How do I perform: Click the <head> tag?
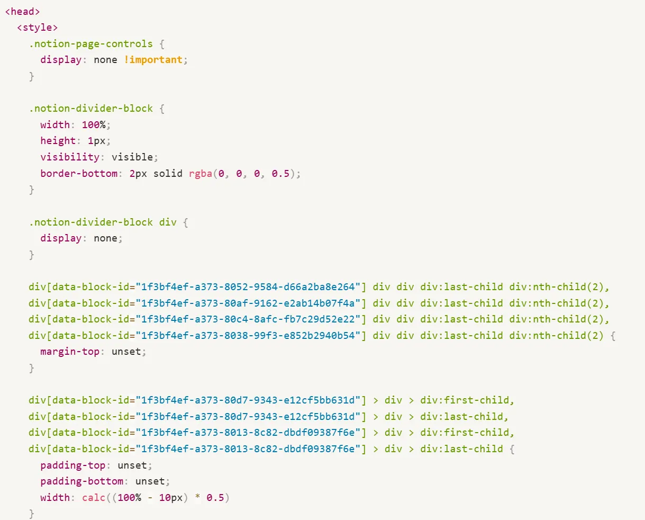pos(23,11)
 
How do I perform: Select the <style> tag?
pos(38,28)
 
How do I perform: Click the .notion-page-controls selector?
pos(91,44)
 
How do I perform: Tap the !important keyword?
pos(153,60)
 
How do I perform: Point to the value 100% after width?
pos(94,125)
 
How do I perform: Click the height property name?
pos(58,141)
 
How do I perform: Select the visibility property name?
pos(70,157)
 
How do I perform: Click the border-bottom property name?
pos(79,174)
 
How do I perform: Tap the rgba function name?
pos(201,174)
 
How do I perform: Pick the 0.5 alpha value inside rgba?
pos(280,174)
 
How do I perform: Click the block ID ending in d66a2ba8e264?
pos(248,287)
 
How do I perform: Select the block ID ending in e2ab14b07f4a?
pos(248,303)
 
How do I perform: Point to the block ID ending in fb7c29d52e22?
pos(248,319)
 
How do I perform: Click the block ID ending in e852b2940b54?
pos(248,336)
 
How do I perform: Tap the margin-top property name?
pos(70,352)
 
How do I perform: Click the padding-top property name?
pos(73,465)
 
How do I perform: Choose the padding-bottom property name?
pos(82,481)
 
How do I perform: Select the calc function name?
pos(94,498)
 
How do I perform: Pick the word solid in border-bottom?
pos(168,174)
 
